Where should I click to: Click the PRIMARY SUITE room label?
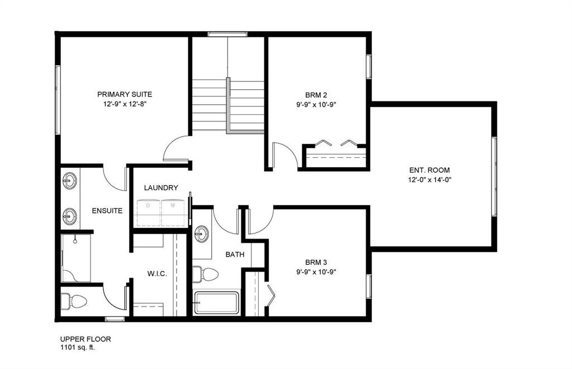tap(125, 94)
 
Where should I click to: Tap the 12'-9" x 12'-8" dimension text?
tap(125, 104)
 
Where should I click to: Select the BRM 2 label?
tap(316, 94)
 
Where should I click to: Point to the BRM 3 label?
tap(316, 262)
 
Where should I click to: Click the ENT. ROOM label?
tap(429, 170)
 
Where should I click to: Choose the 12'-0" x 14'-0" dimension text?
tap(429, 179)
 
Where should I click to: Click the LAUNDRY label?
tap(161, 188)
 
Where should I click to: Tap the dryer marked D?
tap(149, 211)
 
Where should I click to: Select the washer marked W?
tap(173, 211)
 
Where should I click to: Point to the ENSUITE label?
tap(107, 211)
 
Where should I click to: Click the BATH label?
tap(235, 254)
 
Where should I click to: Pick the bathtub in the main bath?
tap(216, 303)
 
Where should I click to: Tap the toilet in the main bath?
tap(206, 274)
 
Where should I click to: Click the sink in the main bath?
tap(202, 234)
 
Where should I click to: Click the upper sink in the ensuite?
tap(70, 181)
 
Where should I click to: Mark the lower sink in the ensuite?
tap(70, 216)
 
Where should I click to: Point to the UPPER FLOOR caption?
tap(82, 338)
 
